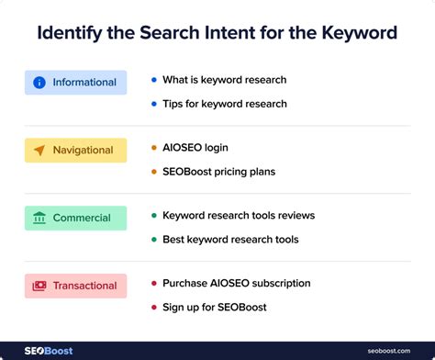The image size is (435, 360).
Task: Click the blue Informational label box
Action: pyautogui.click(x=75, y=83)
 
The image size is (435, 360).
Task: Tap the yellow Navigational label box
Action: pyautogui.click(x=75, y=151)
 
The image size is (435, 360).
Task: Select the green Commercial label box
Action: pyautogui.click(x=75, y=219)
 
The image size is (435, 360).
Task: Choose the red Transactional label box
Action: pyautogui.click(x=75, y=286)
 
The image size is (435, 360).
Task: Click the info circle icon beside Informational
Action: pyautogui.click(x=39, y=83)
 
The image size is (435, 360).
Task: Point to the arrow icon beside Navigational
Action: pyautogui.click(x=39, y=151)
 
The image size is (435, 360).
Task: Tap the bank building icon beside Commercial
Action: pyautogui.click(x=39, y=219)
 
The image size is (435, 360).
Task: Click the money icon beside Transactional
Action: pyautogui.click(x=39, y=286)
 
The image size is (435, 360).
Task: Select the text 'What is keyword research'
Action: pyautogui.click(x=224, y=80)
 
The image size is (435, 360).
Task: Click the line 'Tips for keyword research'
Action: pyautogui.click(x=224, y=104)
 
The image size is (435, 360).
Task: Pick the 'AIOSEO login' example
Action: pyautogui.click(x=195, y=148)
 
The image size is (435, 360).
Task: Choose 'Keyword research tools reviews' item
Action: pyautogui.click(x=238, y=216)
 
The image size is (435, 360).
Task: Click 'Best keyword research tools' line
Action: pyautogui.click(x=229, y=240)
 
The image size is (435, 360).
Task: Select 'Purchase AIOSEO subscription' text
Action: pyautogui.click(x=236, y=283)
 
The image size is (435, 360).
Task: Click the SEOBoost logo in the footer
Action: pyautogui.click(x=48, y=351)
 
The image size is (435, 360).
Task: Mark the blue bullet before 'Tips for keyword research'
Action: pyautogui.click(x=153, y=104)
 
